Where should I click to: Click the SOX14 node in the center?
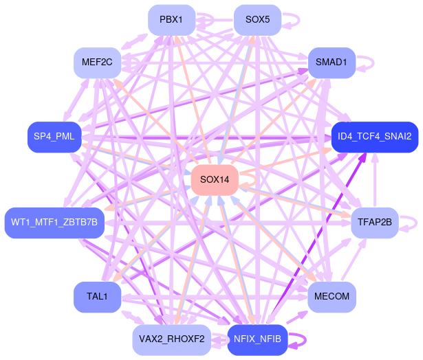215,180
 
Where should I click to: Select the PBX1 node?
171,20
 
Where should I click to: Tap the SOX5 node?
257,20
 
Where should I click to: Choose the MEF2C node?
97,63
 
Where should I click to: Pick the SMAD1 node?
332,63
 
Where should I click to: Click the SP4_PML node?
54,137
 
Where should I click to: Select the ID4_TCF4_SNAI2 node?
374,137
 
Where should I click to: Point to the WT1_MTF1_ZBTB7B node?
54,223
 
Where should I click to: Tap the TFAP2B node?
375,223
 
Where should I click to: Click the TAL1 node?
97,297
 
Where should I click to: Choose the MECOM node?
332,297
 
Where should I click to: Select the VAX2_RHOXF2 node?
171,339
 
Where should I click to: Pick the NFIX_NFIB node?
257,339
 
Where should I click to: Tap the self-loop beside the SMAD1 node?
371,63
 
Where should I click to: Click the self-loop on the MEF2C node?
135,63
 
